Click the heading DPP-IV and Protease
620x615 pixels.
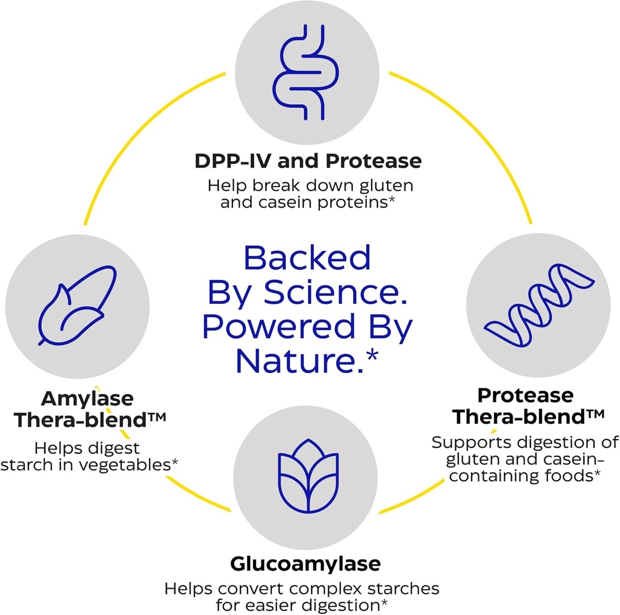coord(308,161)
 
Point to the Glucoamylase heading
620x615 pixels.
coord(306,564)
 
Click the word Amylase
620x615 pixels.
coord(87,399)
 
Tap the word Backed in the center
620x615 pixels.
coord(307,258)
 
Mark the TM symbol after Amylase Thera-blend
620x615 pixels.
coord(157,417)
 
